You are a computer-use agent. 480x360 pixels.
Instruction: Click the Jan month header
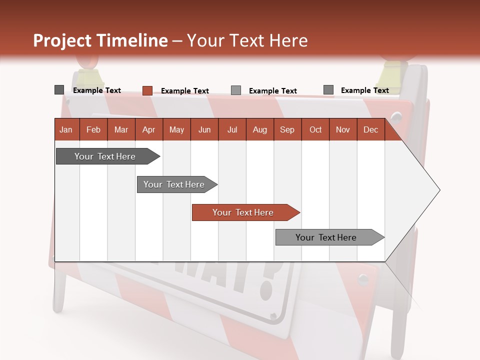[66, 129]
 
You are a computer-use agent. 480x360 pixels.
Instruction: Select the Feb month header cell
[93, 129]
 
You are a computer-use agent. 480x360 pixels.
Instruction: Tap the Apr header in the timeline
[148, 129]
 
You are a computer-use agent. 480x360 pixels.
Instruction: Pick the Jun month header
[204, 129]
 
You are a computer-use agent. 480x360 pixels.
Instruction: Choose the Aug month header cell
[259, 129]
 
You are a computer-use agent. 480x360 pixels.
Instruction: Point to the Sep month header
[287, 129]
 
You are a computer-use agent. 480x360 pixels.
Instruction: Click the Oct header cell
[315, 129]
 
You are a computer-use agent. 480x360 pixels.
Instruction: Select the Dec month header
[370, 129]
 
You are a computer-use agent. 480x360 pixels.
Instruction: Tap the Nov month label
[342, 129]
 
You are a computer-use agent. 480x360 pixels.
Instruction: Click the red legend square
[147, 90]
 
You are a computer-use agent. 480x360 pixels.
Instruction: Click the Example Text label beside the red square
[184, 91]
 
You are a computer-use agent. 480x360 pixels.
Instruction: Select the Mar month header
[121, 129]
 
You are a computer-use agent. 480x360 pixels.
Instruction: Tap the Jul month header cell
[232, 129]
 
